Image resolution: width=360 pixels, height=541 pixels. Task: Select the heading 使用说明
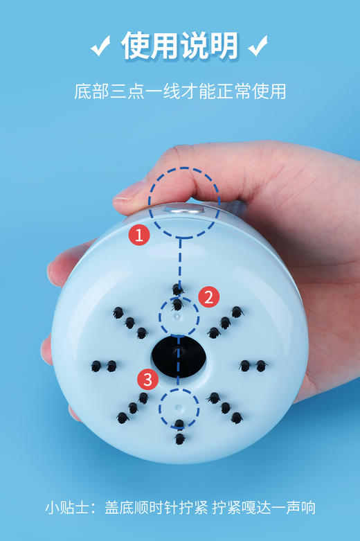pos(180,45)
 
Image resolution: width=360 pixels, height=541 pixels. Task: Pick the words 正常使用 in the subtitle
pos(252,91)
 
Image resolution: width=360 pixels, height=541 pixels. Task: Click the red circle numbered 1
pos(139,236)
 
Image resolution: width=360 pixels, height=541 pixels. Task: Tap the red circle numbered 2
pos(208,297)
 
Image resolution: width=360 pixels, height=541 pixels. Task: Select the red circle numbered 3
pos(147,379)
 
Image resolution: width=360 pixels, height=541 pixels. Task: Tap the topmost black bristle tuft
pos(178,289)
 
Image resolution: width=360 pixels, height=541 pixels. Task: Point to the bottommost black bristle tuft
pos(179,438)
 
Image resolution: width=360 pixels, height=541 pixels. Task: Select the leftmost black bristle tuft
pos(96,365)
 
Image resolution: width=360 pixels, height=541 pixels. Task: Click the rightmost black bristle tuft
pos(262,365)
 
